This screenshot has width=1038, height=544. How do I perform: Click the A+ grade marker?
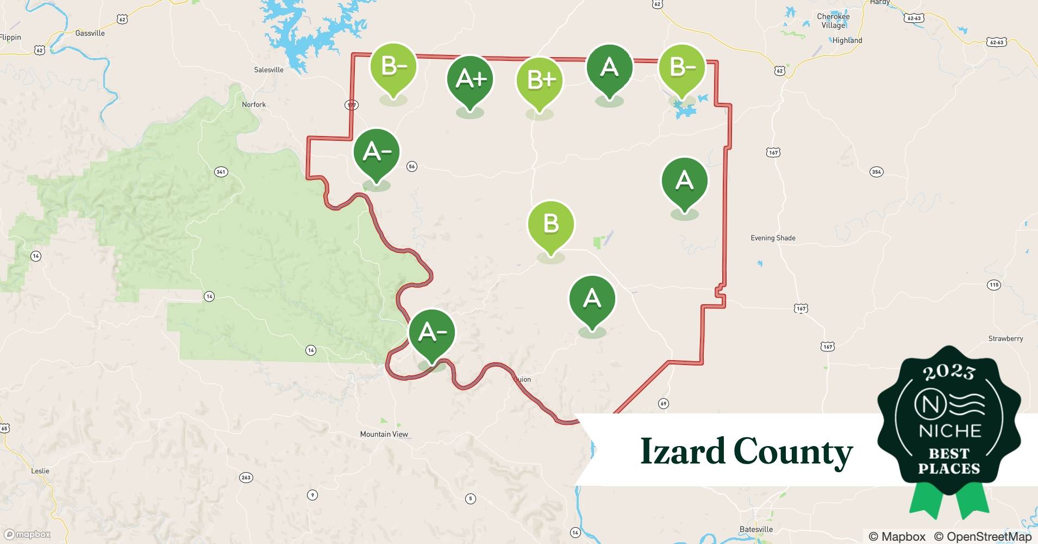pos(470,79)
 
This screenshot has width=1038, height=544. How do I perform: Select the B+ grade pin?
pos(539,81)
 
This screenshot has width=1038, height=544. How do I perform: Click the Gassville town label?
pos(90,33)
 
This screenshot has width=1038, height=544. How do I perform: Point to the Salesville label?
pos(268,70)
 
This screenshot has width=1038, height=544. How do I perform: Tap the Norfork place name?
pos(254,104)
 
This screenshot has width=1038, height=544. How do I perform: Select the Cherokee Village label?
pos(833,21)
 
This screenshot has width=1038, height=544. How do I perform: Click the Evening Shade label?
pos(773,238)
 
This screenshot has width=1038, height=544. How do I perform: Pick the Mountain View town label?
pos(384,434)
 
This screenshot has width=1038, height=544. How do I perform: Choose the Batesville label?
pos(756,529)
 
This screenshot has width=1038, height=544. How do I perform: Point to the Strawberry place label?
pos(1005,338)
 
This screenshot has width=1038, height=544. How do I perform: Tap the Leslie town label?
pos(40,471)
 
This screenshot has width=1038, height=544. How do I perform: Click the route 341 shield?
pos(221,172)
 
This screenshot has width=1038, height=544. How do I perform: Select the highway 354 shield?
pos(876,172)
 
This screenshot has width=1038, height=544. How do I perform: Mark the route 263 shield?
pos(246,478)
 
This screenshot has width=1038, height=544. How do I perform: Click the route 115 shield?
pos(994,285)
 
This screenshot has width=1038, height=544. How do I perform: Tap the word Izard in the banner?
pos(683,452)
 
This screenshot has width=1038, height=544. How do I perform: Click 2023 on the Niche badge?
pos(949,372)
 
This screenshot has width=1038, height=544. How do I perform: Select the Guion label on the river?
pos(522,379)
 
